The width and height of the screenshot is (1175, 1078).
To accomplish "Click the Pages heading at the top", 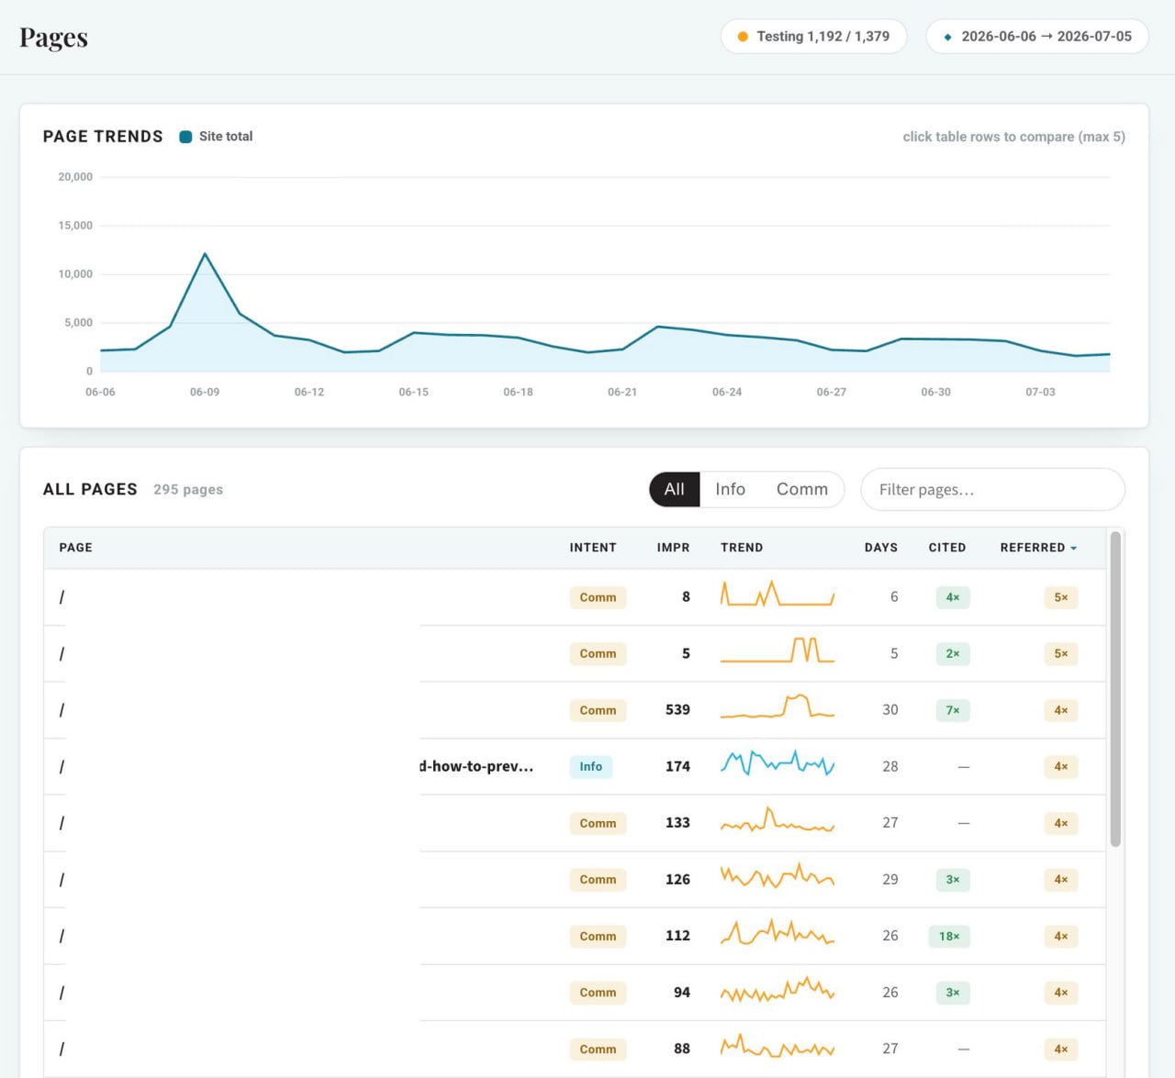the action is coord(53,37).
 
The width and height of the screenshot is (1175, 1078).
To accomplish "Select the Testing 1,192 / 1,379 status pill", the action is coord(813,37).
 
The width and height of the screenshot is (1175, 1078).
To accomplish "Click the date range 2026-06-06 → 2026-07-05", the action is coord(1036,37).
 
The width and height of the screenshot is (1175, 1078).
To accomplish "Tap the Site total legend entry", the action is coord(216,137).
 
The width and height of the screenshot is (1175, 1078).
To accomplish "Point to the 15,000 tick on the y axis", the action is coord(75,226).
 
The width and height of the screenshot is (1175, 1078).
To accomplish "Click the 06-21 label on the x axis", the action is coord(622,392).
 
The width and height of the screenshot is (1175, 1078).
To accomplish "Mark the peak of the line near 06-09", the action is coord(205,253).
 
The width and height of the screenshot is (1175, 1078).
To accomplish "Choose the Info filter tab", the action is coord(730,489).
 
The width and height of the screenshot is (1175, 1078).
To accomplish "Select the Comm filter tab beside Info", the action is coord(802,489).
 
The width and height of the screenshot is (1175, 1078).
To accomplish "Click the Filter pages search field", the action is coord(992,489).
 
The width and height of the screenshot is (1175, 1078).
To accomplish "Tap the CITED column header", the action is coord(946,548).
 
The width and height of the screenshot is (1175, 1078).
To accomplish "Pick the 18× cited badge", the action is coord(949,936).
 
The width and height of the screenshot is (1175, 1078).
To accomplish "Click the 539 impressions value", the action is coord(677,710).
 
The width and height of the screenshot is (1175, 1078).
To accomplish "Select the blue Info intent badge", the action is coord(590,766).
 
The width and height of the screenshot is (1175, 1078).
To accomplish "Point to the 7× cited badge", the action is coord(953,710).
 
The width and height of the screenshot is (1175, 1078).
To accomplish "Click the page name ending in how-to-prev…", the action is coord(476,766).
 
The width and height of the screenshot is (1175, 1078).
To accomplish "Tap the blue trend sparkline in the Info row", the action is coord(778,763).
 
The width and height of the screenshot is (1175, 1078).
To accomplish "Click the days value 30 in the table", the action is coord(890,710).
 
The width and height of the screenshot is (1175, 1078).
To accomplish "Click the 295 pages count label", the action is coord(188,490).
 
